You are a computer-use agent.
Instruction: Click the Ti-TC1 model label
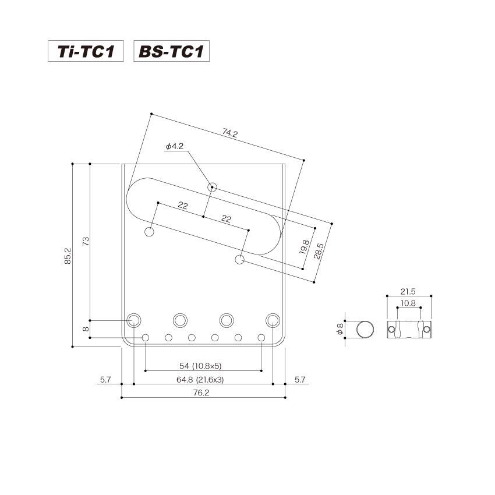[x=86, y=52]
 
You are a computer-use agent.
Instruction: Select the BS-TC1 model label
[x=171, y=52]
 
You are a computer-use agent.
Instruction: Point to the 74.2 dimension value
[x=230, y=133]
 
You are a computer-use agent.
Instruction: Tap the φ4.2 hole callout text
[x=175, y=147]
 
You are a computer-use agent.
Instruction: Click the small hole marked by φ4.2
[x=213, y=187]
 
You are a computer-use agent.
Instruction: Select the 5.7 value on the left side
[x=105, y=380]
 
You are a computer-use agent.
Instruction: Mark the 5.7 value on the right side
[x=299, y=380]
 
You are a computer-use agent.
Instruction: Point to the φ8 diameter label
[x=338, y=330]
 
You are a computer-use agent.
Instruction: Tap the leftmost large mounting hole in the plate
[x=134, y=320]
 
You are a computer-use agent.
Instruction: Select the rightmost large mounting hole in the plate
[x=273, y=320]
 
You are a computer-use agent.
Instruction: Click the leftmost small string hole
[x=146, y=338]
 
